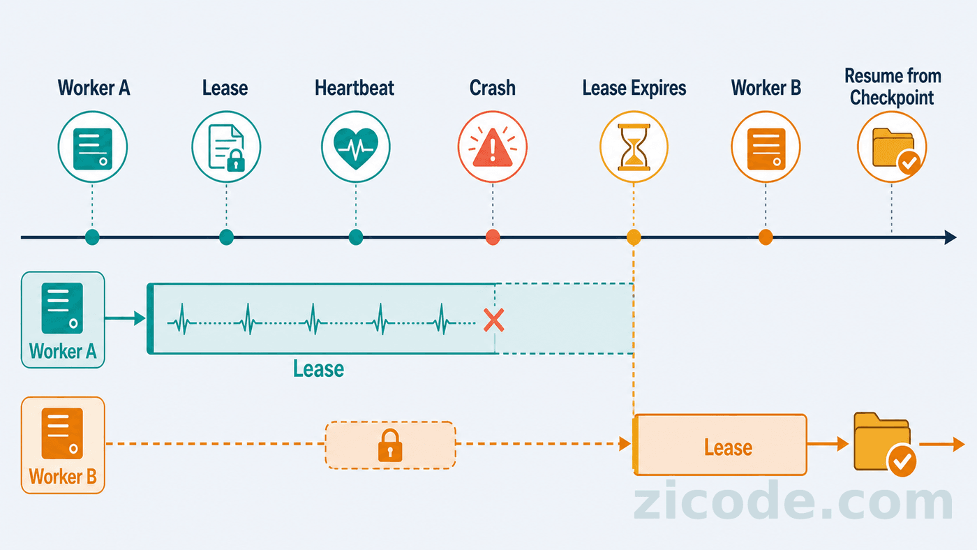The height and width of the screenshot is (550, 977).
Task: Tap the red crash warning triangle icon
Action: (493, 148)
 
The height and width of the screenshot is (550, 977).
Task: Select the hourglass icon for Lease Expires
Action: (634, 147)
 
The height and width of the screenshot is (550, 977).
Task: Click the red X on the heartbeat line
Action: (494, 320)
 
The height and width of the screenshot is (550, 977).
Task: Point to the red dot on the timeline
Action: (493, 237)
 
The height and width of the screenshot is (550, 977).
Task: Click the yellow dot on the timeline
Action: (634, 237)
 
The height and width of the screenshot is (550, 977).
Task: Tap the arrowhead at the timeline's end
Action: (950, 237)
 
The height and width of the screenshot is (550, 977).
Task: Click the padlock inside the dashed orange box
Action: (390, 445)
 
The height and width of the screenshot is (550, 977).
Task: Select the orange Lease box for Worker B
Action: (719, 445)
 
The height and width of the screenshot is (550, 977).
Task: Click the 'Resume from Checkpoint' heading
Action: (893, 87)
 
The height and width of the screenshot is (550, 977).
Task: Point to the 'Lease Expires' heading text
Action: (634, 88)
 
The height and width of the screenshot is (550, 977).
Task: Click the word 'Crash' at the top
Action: (493, 88)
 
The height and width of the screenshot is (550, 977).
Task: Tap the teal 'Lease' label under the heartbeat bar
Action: (318, 369)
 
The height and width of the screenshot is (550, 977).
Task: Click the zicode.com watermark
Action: (793, 500)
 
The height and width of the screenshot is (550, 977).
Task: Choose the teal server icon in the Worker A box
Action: (62, 309)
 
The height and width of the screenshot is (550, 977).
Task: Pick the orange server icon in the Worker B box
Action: (62, 433)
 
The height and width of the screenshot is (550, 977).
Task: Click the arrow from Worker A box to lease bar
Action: (125, 318)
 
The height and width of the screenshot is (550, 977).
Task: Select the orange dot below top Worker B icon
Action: (766, 237)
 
